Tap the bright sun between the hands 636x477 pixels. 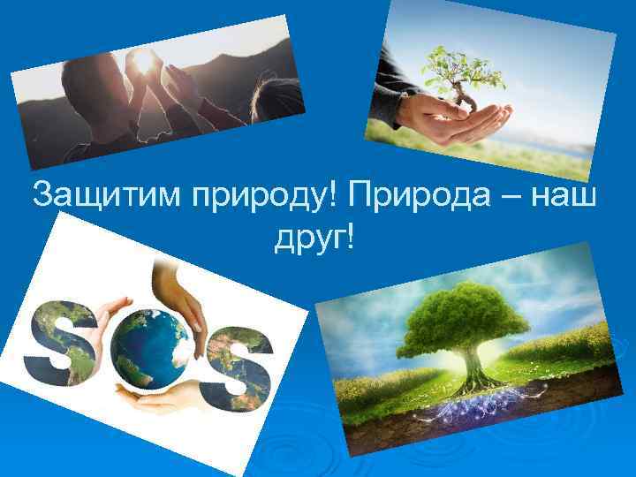pyautogui.click(x=141, y=62)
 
